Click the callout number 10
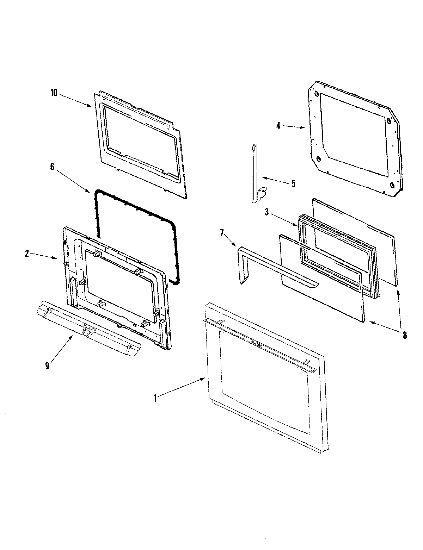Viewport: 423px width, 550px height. click(x=54, y=93)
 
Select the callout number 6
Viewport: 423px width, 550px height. click(x=52, y=167)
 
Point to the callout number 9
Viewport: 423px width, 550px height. click(x=47, y=365)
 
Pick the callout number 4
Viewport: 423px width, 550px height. click(x=278, y=126)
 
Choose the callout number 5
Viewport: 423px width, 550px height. click(x=293, y=183)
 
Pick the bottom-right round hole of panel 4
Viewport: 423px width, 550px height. click(x=392, y=185)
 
